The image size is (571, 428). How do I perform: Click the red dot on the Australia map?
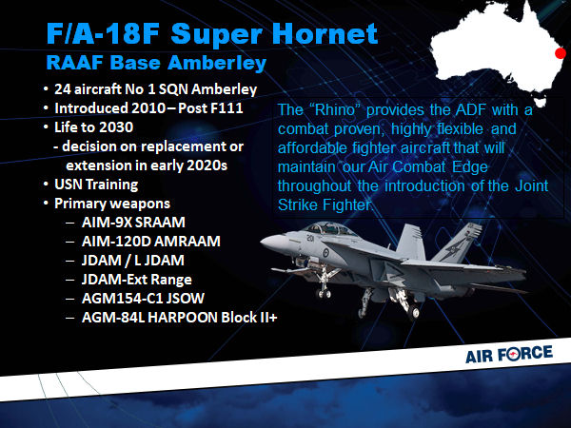pos(561,53)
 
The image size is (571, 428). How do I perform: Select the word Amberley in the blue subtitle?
pos(217,63)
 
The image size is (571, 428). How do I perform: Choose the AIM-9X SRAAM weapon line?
pos(133,222)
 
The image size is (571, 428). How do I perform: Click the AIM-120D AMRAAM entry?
pos(150,241)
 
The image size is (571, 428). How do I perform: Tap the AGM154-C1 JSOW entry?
pos(143,298)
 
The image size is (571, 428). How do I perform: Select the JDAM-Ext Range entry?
pos(136,279)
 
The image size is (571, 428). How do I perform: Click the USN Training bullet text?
pos(96,185)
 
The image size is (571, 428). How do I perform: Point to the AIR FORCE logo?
pos(509,355)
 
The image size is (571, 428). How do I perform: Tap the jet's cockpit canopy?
pos(329,229)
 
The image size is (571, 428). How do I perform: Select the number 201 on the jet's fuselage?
pos(310,239)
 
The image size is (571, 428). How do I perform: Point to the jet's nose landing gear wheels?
pos(323,293)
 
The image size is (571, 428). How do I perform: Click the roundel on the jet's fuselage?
pos(325,252)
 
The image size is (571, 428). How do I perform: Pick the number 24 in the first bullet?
pos(62,89)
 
